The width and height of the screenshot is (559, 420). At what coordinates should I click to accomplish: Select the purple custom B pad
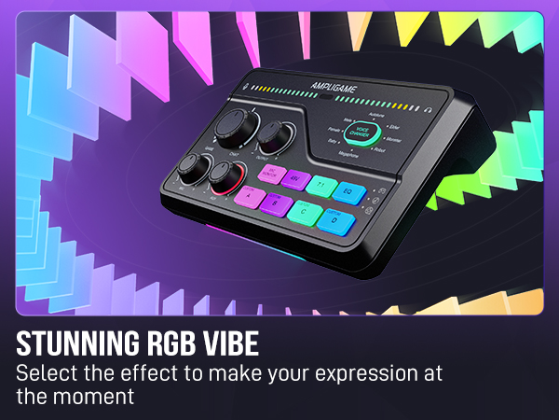pyautogui.click(x=276, y=201)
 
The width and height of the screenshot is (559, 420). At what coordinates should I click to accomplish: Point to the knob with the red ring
pyautogui.click(x=224, y=176)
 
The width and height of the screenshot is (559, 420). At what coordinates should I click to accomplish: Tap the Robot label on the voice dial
pyautogui.click(x=383, y=149)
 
